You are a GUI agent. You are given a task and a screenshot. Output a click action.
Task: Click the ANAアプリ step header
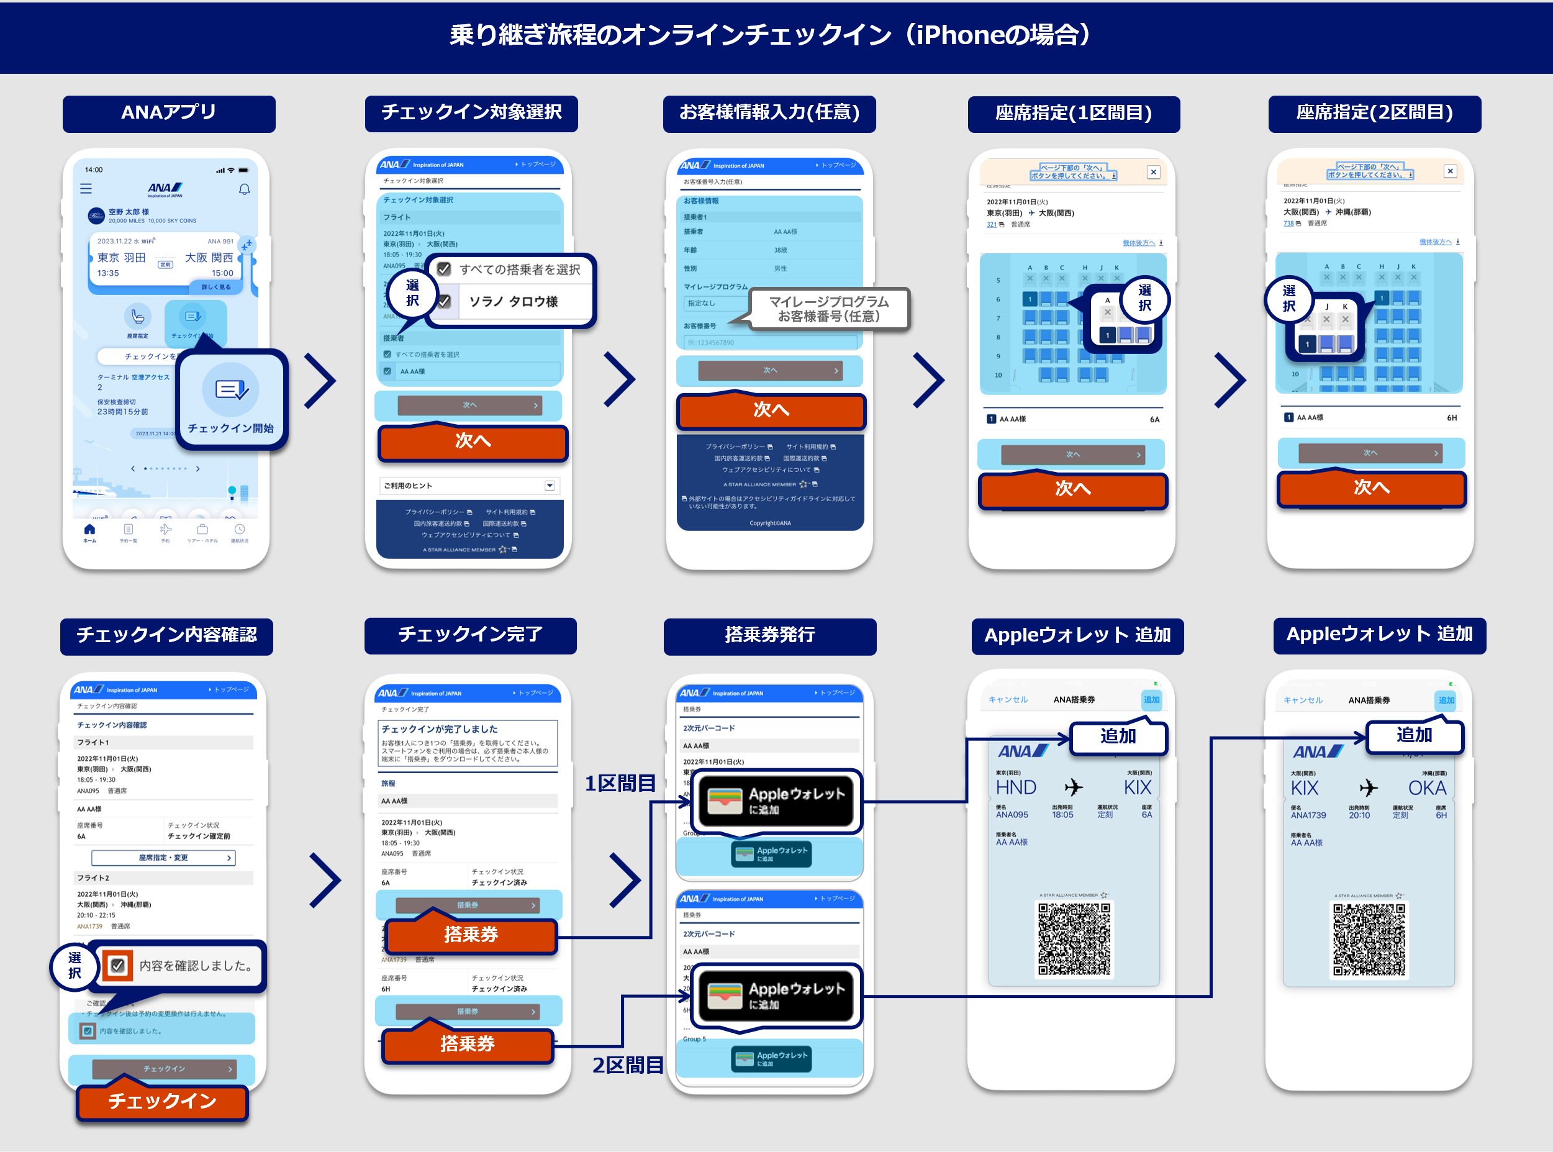(169, 113)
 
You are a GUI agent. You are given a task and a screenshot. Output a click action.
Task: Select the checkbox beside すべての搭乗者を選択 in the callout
(444, 269)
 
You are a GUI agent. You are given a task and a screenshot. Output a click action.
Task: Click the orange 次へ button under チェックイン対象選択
(473, 442)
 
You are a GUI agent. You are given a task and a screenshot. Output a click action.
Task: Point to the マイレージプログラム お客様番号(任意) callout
(828, 309)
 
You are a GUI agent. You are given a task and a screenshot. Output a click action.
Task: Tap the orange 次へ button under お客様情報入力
(771, 410)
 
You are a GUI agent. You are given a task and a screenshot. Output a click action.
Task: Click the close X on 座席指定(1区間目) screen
(1154, 172)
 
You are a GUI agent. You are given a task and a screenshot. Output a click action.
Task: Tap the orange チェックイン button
(163, 1101)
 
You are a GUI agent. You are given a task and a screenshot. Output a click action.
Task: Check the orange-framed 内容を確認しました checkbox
(118, 966)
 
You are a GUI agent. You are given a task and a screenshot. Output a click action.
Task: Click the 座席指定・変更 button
(163, 858)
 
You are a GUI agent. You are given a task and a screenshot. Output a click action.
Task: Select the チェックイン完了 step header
(470, 635)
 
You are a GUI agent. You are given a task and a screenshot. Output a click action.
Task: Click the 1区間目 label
(620, 784)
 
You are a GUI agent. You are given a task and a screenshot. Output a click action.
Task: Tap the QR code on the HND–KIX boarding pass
(1074, 938)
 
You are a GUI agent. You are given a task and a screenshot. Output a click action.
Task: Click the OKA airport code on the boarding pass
(1427, 788)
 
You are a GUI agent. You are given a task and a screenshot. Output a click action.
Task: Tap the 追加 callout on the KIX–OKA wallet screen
(1415, 736)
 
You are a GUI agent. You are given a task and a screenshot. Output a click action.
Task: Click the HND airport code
(1015, 787)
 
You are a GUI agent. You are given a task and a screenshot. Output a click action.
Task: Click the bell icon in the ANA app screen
(244, 189)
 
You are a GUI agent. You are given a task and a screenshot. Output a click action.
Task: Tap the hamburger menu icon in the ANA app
(86, 188)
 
